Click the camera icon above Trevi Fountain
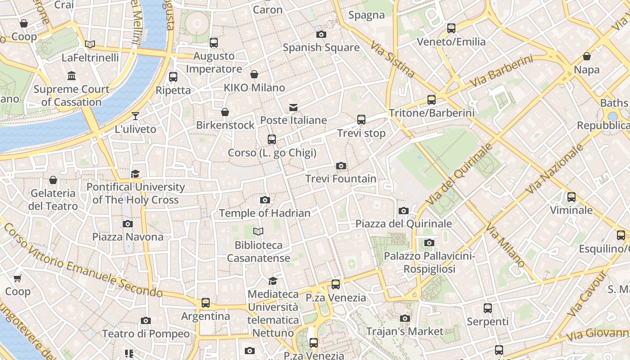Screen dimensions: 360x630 341,166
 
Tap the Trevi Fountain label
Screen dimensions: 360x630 341,179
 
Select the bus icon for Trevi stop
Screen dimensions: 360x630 361,120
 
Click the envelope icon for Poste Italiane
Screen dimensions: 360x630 293,107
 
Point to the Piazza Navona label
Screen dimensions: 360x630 128,237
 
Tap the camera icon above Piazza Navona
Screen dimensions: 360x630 128,224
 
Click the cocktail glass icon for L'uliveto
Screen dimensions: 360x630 135,116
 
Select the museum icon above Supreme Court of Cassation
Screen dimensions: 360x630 72,76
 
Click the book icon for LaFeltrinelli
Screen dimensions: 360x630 90,44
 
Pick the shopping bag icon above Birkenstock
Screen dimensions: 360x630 225,112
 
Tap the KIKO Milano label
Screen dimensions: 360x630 255,87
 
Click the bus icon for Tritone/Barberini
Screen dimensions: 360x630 432,100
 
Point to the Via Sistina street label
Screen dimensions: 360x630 392,59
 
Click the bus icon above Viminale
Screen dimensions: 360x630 571,197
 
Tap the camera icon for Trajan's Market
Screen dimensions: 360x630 405,319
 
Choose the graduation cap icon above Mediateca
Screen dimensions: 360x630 273,281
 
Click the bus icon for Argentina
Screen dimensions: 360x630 206,303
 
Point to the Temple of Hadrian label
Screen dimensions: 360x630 265,213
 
